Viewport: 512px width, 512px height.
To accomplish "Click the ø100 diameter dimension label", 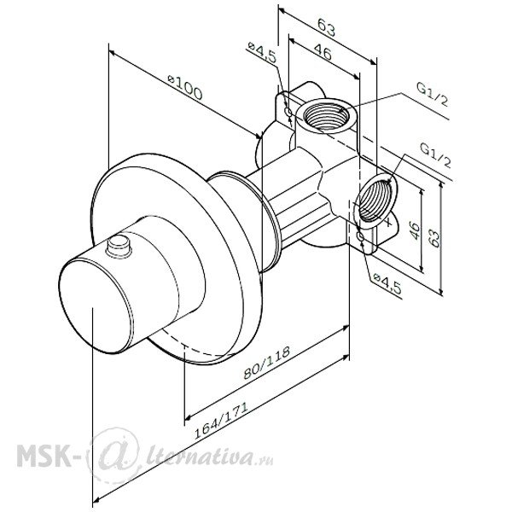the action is [x=185, y=87].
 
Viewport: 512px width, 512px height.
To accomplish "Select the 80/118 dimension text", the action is [x=266, y=362].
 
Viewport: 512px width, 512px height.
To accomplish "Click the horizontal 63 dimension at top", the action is [x=326, y=27].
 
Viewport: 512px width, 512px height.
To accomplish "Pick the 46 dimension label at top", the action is [x=323, y=51].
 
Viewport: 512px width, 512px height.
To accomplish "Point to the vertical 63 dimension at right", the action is [x=435, y=238].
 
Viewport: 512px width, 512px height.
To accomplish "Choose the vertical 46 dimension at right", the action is [x=415, y=230].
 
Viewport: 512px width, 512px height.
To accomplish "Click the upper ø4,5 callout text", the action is [x=262, y=52].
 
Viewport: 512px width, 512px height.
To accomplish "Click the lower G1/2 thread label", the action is [x=435, y=155].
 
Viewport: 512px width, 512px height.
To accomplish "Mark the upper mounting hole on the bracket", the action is [x=288, y=112].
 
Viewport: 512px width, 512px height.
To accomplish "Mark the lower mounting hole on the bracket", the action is [x=361, y=236].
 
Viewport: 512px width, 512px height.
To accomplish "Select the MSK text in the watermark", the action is [x=44, y=455].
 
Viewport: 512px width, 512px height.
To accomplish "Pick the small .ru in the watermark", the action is [x=265, y=462].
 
